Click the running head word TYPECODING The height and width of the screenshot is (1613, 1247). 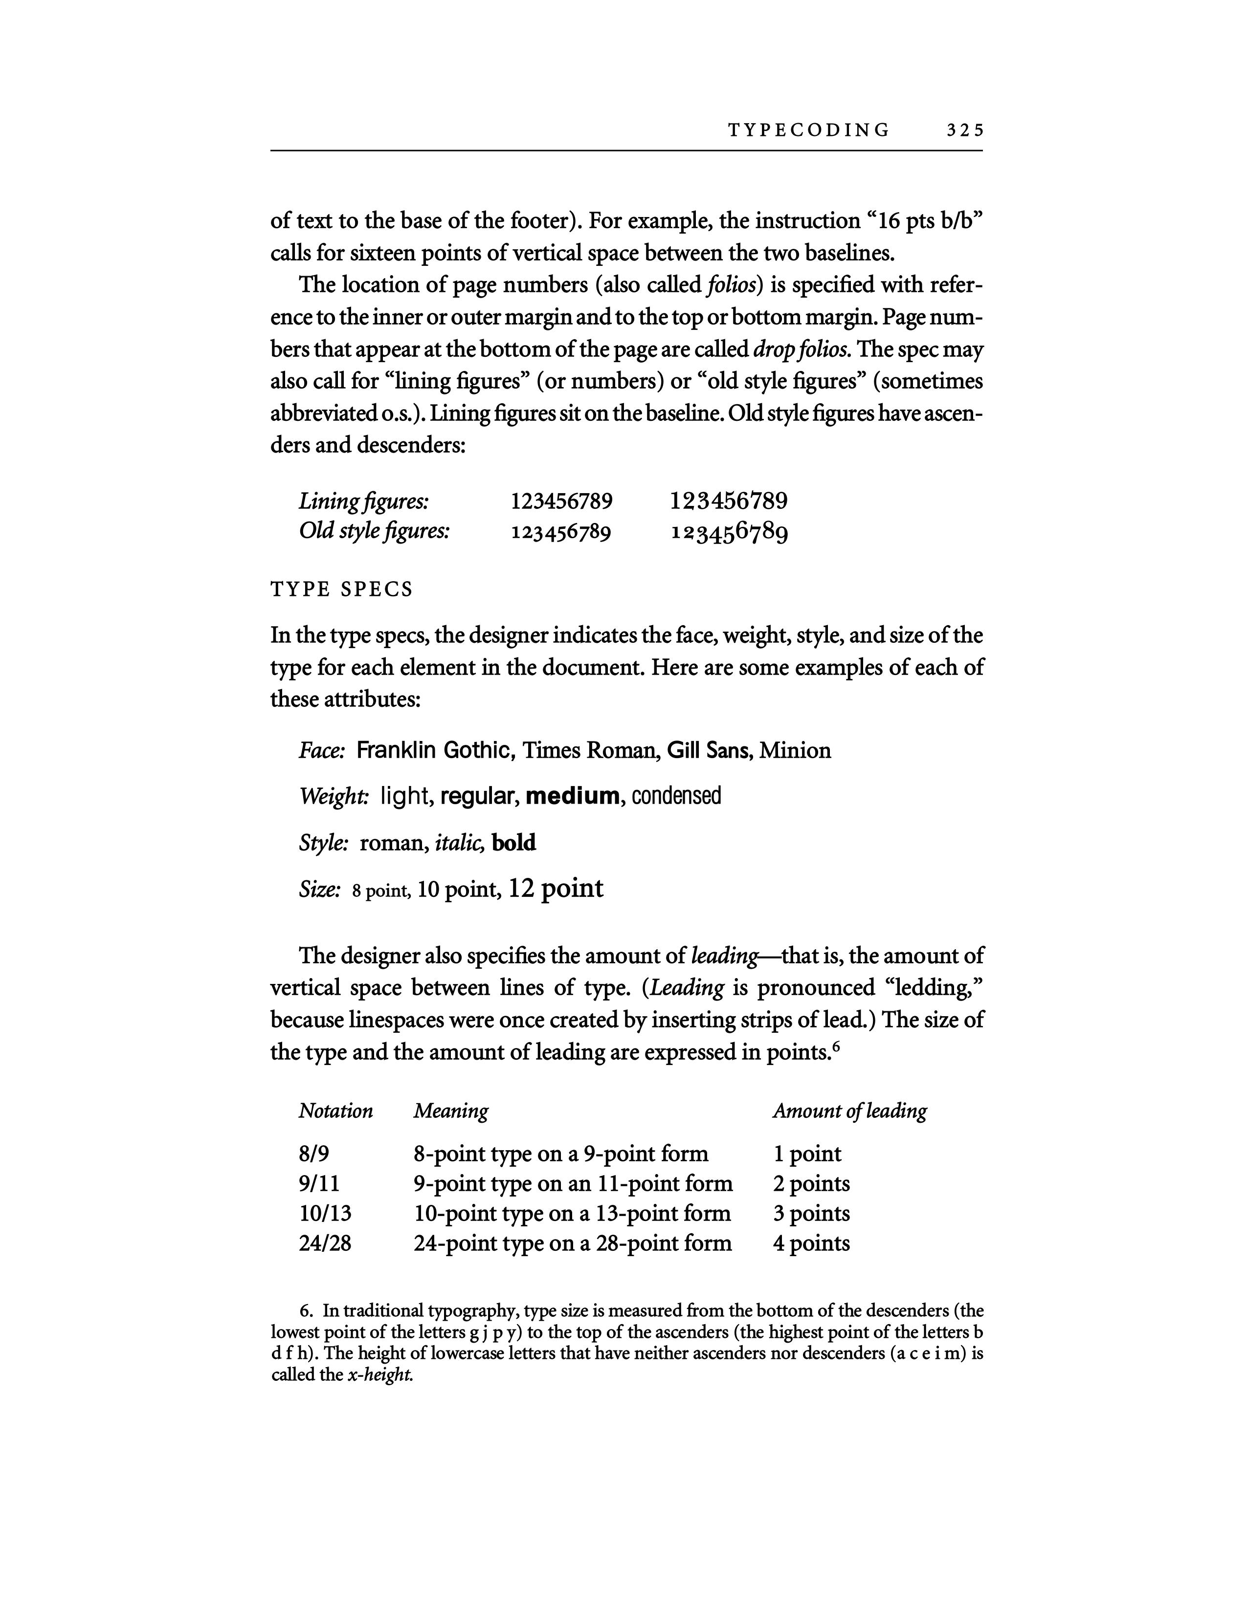809,131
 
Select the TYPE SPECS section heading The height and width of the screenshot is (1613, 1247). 341,589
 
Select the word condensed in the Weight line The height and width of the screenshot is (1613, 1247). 676,796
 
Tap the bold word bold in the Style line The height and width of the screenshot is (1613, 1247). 513,843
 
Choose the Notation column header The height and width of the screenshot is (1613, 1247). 335,1111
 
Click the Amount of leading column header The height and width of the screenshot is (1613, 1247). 849,1111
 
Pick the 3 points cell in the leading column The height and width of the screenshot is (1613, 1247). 811,1214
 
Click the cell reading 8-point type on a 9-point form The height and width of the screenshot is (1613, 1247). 561,1155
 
